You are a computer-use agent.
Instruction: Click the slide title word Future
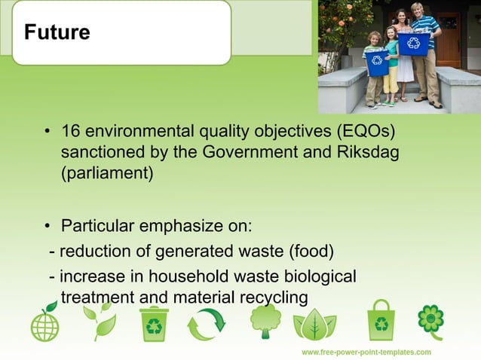pyautogui.click(x=57, y=33)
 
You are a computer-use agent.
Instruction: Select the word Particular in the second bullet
pyautogui.click(x=97, y=226)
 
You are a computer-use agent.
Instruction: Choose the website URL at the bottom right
pyautogui.click(x=366, y=352)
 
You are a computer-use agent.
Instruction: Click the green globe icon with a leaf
pyautogui.click(x=44, y=323)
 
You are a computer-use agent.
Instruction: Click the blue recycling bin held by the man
pyautogui.click(x=414, y=43)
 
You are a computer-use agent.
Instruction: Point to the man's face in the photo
pyautogui.click(x=416, y=11)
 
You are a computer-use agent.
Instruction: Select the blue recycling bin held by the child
pyautogui.click(x=377, y=63)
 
